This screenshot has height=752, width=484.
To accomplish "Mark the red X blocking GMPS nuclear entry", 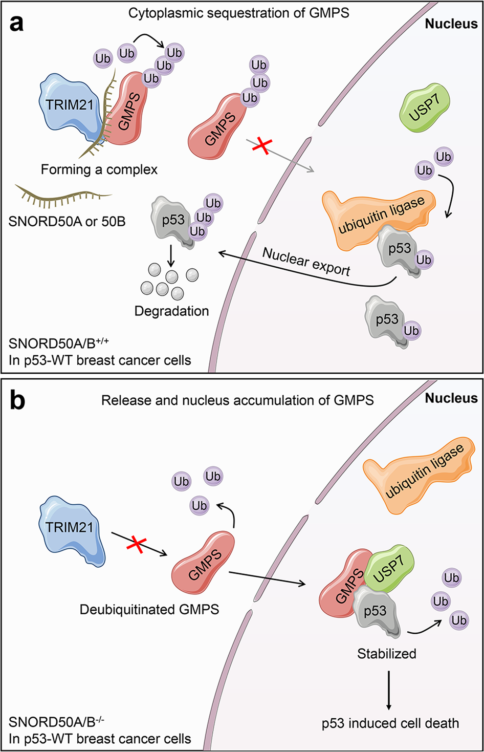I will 262,146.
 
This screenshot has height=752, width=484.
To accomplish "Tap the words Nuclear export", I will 306,262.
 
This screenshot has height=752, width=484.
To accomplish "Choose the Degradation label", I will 171,311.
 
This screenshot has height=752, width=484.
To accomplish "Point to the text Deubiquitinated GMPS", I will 149,609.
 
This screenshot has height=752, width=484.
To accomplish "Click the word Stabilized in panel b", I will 386,654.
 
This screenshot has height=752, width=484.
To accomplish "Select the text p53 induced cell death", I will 390,723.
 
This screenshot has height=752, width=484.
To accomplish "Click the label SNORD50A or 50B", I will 67,222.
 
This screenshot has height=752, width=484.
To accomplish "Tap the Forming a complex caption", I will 99,169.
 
